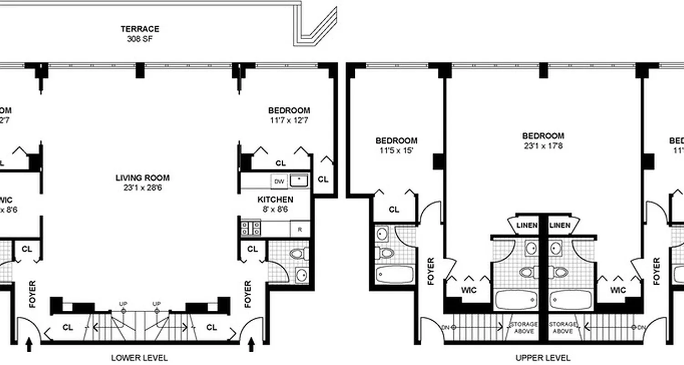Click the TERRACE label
click(x=140, y=29)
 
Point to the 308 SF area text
click(x=140, y=39)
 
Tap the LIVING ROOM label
click(x=142, y=178)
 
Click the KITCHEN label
click(x=275, y=200)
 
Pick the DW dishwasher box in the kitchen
click(x=279, y=182)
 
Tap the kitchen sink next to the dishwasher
click(x=299, y=181)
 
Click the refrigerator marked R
click(x=300, y=229)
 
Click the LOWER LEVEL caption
click(x=139, y=358)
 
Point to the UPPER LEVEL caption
click(x=543, y=358)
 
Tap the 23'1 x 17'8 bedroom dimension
click(x=543, y=146)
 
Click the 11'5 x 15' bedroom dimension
click(x=396, y=151)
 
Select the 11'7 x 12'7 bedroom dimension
click(x=289, y=120)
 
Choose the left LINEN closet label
click(x=526, y=225)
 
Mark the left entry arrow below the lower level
click(x=29, y=344)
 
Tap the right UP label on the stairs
click(x=157, y=304)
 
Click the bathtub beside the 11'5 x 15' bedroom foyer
click(x=395, y=274)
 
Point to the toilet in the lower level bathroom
click(x=299, y=254)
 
